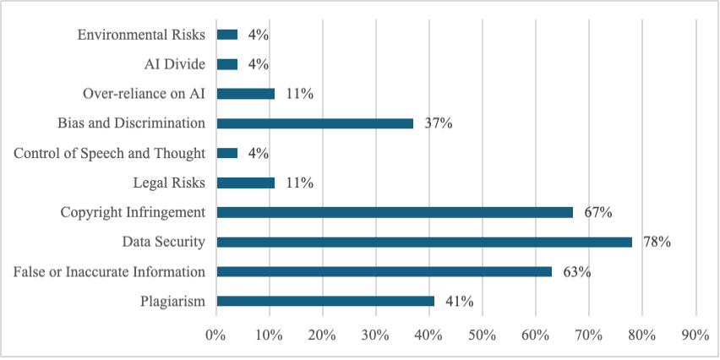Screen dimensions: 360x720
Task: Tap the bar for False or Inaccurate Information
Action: (384, 271)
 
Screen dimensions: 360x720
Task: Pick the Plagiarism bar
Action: (325, 301)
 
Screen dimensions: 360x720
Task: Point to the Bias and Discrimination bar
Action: (315, 123)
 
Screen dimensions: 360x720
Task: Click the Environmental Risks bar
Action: (227, 35)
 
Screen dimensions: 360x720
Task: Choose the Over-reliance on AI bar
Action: (246, 94)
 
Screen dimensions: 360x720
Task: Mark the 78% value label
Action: (657, 243)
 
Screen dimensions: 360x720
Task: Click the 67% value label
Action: (598, 212)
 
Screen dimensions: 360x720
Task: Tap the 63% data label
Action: (576, 272)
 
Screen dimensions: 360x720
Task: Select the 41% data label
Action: (460, 302)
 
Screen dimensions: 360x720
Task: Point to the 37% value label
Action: (439, 123)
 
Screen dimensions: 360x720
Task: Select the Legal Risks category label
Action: (169, 183)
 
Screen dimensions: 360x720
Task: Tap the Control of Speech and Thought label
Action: (110, 153)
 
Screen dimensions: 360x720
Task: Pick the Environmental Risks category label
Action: (141, 35)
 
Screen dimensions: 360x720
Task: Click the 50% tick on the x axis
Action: (482, 335)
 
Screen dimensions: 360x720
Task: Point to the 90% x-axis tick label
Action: (695, 335)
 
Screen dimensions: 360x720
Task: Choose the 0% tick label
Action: (216, 335)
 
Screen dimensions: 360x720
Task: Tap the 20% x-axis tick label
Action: (322, 335)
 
